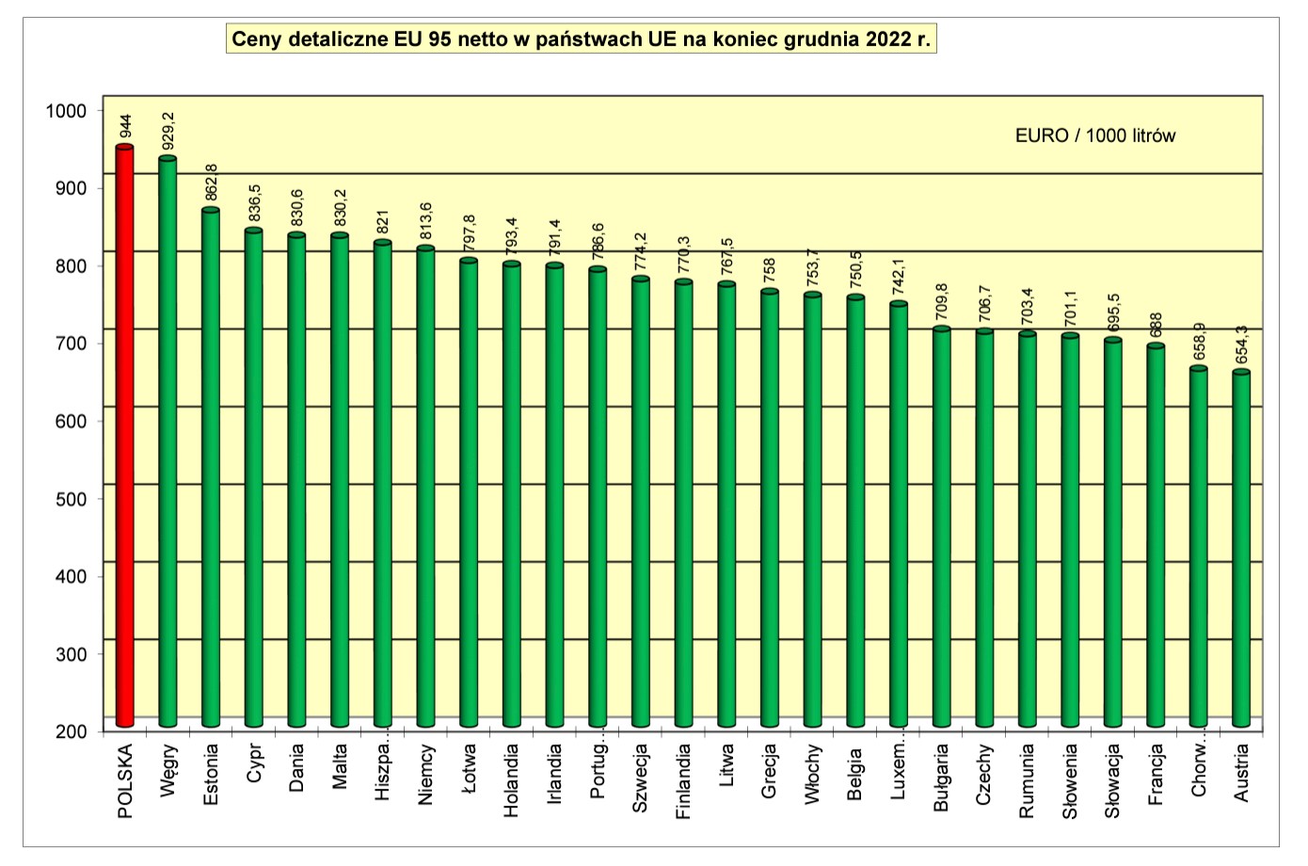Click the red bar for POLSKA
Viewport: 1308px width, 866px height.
point(124,438)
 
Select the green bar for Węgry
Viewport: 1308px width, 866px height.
point(167,442)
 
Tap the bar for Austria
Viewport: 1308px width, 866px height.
point(1241,551)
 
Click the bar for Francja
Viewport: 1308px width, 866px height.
point(1156,537)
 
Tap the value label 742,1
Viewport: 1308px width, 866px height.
point(899,278)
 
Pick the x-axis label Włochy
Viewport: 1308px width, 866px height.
point(812,774)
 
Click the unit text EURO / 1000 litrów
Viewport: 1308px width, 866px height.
point(1095,136)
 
